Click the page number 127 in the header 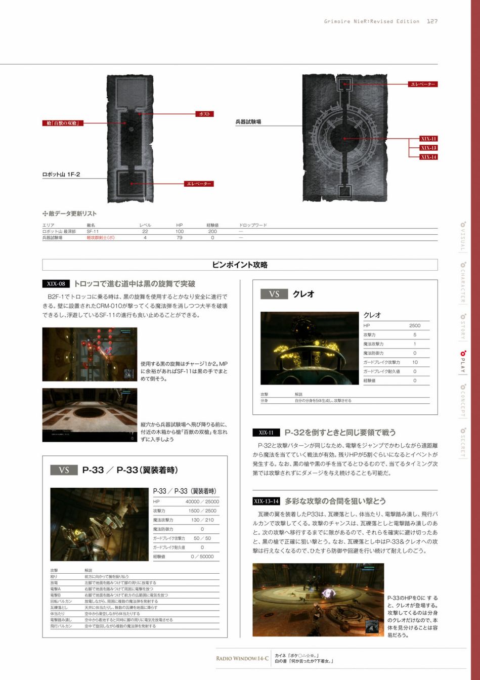click(432, 21)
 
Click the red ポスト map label click(204, 114)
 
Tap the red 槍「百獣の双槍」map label click(63, 123)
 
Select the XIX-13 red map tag click(428, 148)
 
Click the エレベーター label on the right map click(423, 84)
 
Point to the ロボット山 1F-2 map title click(61, 175)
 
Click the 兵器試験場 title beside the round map click(248, 122)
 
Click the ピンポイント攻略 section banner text click(240, 265)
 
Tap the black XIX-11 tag click(266, 433)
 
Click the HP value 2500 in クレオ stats click(414, 325)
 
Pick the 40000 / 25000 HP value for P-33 click(202, 501)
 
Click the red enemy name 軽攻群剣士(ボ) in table click(100, 237)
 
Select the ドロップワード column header click(253, 225)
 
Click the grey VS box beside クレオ click(274, 294)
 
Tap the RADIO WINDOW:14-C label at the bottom click(242, 658)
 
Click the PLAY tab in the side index click(462, 362)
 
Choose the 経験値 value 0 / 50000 click(202, 556)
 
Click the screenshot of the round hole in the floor click(90, 415)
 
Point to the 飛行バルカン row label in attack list click(61, 626)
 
